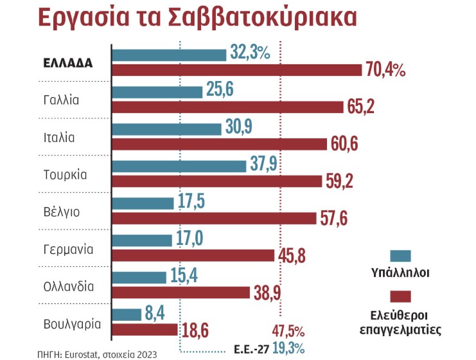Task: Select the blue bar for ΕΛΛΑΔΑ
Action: point(170,55)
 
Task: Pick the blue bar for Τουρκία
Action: point(179,166)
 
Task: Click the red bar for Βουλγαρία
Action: point(145,329)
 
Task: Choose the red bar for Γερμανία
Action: point(193,255)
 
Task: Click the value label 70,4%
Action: point(385,71)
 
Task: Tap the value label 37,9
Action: point(263,165)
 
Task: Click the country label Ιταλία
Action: point(59,137)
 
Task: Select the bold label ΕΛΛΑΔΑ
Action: point(69,63)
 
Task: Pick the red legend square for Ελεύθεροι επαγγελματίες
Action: point(400,296)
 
